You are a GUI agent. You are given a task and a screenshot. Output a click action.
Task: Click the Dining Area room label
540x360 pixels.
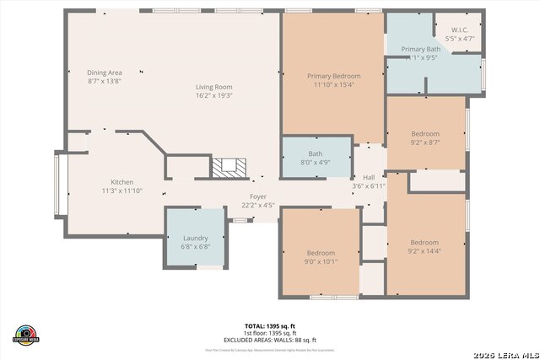105,73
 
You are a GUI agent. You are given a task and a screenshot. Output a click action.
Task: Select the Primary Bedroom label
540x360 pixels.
332,75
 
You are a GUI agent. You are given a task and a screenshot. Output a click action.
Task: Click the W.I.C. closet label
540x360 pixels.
459,30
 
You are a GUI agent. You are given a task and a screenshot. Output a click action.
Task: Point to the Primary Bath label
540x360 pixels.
419,50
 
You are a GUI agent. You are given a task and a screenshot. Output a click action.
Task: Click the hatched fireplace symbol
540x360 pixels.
225,167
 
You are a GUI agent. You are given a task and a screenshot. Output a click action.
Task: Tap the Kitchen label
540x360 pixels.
122,182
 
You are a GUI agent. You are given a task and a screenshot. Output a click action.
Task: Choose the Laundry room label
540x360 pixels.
196,238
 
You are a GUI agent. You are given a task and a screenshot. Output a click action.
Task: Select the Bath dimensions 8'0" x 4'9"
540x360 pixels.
316,163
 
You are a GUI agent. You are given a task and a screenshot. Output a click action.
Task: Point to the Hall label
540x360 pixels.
369,177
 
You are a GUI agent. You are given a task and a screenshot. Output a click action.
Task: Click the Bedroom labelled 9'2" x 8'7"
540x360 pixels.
425,134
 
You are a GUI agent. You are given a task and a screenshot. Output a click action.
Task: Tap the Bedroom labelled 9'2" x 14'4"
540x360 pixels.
424,242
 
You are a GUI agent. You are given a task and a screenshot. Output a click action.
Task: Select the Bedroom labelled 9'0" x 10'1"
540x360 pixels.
321,253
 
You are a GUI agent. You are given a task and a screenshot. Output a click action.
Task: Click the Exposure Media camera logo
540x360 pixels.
26,334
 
